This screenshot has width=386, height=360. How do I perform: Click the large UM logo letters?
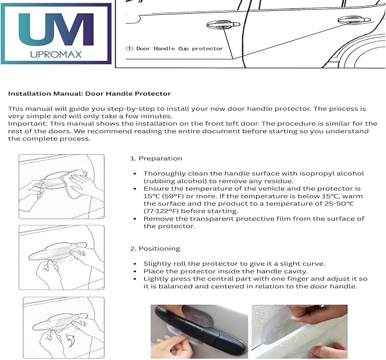(56, 28)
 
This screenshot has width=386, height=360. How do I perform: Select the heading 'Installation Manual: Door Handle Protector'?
(89, 93)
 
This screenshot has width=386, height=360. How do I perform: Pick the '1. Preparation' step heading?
(156, 159)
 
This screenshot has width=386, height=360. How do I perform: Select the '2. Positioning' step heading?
(155, 249)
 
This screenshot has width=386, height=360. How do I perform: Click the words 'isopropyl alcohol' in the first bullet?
(331, 173)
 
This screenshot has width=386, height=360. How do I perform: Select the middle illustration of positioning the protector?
(61, 256)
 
